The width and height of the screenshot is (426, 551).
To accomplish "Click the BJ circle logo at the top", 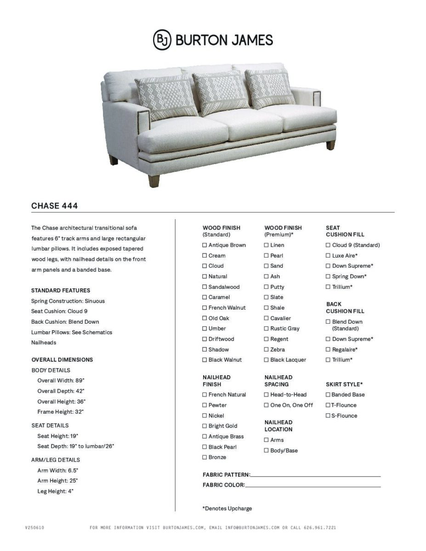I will point(162,39).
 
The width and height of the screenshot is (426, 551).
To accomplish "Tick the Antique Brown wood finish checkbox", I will point(204,245).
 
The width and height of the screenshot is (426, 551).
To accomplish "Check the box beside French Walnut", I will point(204,308).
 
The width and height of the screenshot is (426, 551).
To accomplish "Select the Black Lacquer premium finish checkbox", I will point(267,360).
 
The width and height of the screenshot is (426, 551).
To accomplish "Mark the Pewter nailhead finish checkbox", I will point(204,405).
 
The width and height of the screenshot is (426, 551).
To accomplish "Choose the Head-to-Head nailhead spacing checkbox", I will point(267,394).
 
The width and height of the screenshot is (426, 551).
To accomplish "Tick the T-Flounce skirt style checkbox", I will point(328,405).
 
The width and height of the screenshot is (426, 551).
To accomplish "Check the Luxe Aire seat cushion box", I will point(328,256).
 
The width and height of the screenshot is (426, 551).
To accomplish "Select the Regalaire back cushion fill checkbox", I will point(328,349).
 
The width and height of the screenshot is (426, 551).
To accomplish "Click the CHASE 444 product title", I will point(54,206).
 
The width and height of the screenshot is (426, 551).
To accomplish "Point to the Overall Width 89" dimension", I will point(61,380).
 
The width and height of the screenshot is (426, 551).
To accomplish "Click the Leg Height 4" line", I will point(55,491).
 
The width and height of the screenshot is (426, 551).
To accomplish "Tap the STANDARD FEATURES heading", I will point(61,290).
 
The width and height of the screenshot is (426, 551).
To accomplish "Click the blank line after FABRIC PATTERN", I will point(315,475).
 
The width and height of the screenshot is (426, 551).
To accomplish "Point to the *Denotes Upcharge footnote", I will point(227,508).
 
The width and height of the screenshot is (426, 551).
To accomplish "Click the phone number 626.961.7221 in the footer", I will point(320,528).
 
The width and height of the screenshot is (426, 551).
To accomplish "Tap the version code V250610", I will point(34,528).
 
